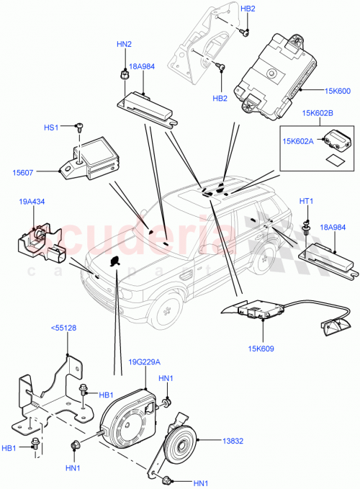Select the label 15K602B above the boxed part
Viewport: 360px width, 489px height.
318,114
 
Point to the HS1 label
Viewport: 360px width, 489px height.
51,127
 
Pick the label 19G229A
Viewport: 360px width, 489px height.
145,362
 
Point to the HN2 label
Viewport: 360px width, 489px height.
124,45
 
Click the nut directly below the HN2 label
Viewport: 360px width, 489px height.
125,72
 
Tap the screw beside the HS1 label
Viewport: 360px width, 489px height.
78,128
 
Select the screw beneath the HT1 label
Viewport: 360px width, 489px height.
306,229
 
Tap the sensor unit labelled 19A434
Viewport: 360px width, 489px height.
40,241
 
